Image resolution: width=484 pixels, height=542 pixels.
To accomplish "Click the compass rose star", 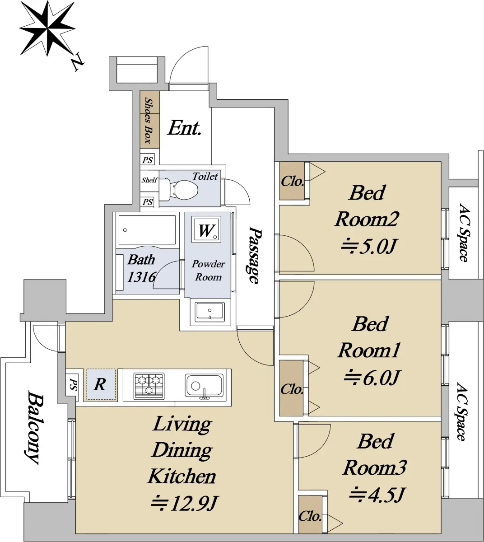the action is [47, 28].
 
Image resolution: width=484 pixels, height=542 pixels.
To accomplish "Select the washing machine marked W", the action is [206, 230].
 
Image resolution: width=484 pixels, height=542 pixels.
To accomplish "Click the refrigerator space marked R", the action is [101, 385].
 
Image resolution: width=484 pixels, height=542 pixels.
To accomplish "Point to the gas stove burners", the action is [149, 385].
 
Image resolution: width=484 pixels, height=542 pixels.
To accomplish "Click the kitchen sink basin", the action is [204, 386].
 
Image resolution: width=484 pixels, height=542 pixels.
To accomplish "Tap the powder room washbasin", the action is [209, 312].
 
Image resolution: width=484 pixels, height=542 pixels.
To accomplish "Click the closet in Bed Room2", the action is [292, 181].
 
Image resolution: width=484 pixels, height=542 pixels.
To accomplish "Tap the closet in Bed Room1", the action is [292, 388].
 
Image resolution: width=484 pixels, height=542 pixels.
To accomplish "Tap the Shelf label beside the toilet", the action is [149, 180].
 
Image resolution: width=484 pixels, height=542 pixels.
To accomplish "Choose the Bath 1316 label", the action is [141, 268].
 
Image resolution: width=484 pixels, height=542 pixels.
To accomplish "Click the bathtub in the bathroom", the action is [147, 230].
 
